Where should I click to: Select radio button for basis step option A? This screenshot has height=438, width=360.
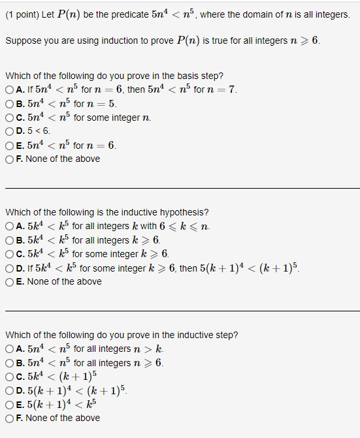point(9,89)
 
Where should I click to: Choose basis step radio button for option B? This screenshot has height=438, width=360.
point(9,103)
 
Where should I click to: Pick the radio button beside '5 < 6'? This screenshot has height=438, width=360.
point(9,131)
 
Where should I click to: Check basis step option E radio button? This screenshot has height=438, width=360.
point(9,145)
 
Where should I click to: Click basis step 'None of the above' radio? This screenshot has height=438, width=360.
point(9,159)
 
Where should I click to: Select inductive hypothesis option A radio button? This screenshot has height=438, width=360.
point(9,226)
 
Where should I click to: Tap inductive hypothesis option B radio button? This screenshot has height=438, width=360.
point(9,240)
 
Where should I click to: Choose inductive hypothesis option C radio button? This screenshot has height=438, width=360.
point(9,253)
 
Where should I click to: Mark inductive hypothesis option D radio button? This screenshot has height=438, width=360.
point(9,268)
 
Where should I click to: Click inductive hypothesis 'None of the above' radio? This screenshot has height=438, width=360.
point(9,281)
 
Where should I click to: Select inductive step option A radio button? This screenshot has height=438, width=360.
point(9,349)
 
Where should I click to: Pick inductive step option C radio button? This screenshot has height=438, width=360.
point(9,376)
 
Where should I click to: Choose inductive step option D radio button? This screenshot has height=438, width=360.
point(9,390)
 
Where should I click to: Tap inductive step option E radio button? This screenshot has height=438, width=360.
point(9,404)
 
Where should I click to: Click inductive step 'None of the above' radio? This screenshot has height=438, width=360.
point(9,418)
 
